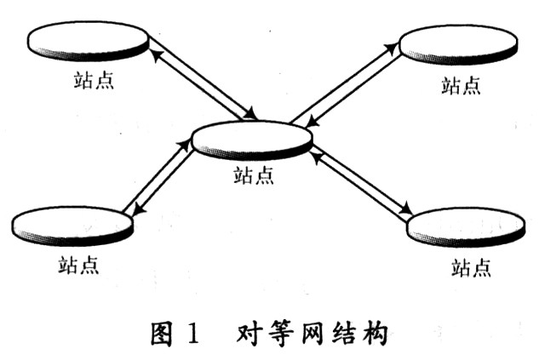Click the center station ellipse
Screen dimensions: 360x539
tap(252, 140)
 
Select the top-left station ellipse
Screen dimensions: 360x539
tap(88, 41)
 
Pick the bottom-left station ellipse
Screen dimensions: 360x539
tap(72, 225)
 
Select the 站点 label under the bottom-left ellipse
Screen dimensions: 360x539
tap(77, 265)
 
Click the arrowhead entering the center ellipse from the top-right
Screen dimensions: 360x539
tap(308, 123)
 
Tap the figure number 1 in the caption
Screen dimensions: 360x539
tap(192, 333)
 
